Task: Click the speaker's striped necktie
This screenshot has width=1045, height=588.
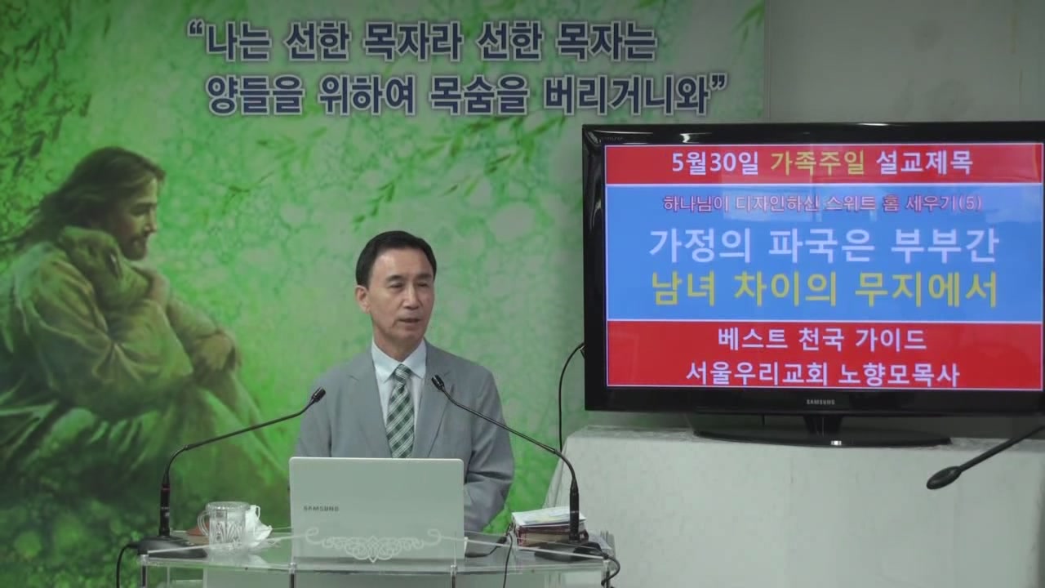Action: click(x=400, y=411)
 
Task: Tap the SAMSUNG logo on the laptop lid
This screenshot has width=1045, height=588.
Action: click(x=322, y=508)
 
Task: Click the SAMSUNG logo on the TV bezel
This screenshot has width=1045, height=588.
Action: click(x=820, y=401)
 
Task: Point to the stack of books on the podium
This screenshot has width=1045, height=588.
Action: click(x=547, y=527)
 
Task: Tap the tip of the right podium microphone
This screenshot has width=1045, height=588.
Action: click(x=438, y=382)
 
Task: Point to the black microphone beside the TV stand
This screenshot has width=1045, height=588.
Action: click(x=985, y=461)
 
